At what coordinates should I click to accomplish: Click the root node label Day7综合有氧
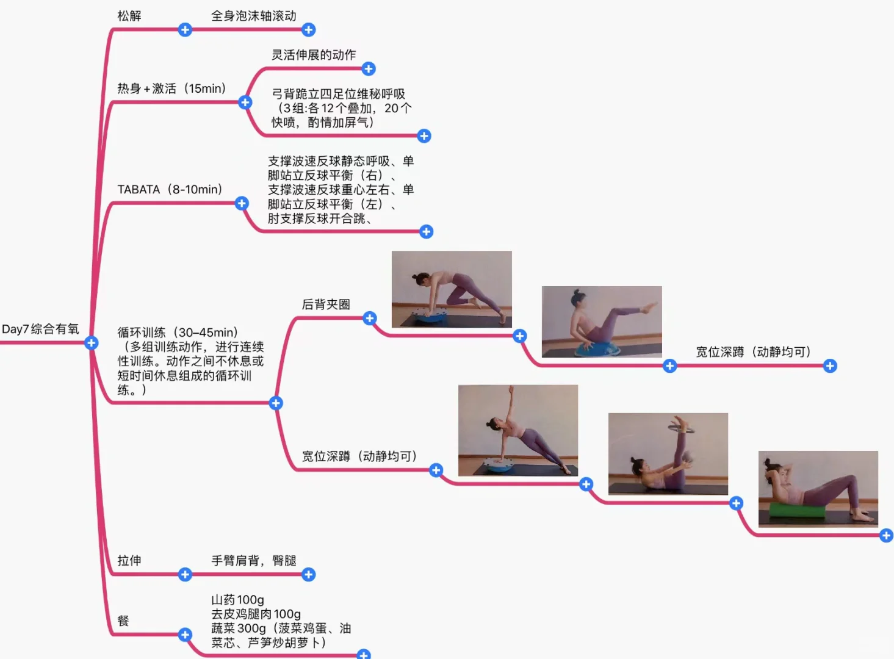pyautogui.click(x=40, y=329)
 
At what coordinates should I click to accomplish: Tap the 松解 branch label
pyautogui.click(x=129, y=16)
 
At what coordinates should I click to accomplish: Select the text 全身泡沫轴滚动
pyautogui.click(x=253, y=16)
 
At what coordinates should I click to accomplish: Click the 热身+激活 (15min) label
pyautogui.click(x=171, y=88)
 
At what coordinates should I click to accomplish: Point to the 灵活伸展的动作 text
pyautogui.click(x=314, y=55)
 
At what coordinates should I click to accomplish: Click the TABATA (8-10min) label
pyautogui.click(x=170, y=190)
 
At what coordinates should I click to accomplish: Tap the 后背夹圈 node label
pyautogui.click(x=326, y=304)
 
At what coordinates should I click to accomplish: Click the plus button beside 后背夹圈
pyautogui.click(x=370, y=318)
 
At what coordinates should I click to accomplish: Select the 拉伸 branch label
pyautogui.click(x=129, y=561)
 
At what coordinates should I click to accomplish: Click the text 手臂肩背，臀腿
pyautogui.click(x=253, y=561)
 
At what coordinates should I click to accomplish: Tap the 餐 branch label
pyautogui.click(x=123, y=621)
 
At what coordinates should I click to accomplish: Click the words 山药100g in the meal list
pyautogui.click(x=237, y=600)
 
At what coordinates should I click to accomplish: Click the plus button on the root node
pyautogui.click(x=92, y=343)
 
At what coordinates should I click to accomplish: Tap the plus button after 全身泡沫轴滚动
pyautogui.click(x=309, y=30)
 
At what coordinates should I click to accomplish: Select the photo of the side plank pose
pyautogui.click(x=517, y=430)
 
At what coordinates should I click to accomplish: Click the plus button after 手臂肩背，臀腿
pyautogui.click(x=309, y=575)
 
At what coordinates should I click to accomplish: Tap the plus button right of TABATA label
pyautogui.click(x=242, y=204)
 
